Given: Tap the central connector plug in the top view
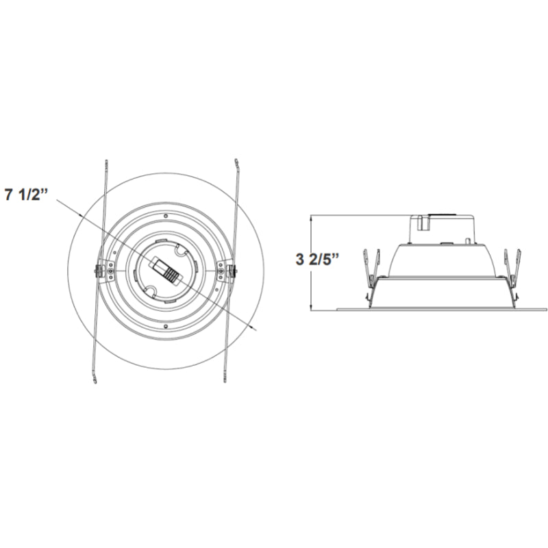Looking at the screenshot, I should point(165,270).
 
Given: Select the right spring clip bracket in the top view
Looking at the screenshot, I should point(225,271).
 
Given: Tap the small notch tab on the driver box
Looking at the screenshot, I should point(423,221).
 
